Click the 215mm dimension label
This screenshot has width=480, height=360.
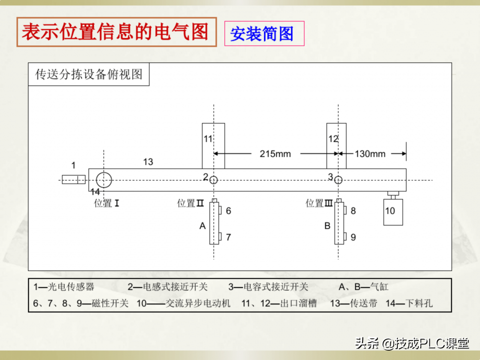point(275,154)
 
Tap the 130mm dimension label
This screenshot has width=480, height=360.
point(370,154)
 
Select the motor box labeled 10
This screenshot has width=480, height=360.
point(393,212)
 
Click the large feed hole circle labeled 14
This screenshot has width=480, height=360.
point(104,180)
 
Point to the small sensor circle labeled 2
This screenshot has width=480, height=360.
point(214,180)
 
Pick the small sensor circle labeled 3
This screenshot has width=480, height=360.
point(338,180)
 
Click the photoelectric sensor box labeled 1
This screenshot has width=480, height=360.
point(73,180)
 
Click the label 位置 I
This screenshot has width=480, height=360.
point(107,204)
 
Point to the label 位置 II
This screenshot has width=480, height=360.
point(190,204)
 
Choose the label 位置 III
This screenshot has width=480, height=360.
point(319,204)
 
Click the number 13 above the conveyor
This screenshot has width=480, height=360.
point(148,162)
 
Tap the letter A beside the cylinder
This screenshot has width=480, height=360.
point(203,226)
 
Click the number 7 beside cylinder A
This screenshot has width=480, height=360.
point(228,237)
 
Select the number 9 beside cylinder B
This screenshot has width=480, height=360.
point(353,237)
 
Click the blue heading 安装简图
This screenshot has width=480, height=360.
point(262,34)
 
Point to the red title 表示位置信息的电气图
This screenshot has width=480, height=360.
point(116,32)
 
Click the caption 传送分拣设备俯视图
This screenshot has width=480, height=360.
point(89,74)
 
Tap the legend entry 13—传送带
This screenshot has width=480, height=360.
point(354,304)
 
